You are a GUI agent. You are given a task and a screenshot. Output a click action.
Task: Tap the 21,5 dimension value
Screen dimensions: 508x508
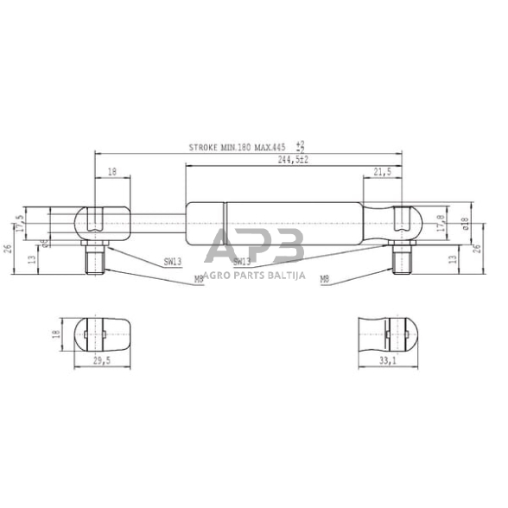coord(382,173)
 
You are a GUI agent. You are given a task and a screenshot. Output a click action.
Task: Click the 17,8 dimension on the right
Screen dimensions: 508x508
coord(441,223)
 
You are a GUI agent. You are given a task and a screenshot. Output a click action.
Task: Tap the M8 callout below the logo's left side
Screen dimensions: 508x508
coord(199,278)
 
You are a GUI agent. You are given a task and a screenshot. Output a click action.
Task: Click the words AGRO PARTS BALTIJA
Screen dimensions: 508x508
coord(254,276)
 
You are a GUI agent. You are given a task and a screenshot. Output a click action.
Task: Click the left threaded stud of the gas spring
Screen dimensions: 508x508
coord(94,257)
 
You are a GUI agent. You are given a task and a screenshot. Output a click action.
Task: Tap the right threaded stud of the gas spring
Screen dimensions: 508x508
coord(400,257)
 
